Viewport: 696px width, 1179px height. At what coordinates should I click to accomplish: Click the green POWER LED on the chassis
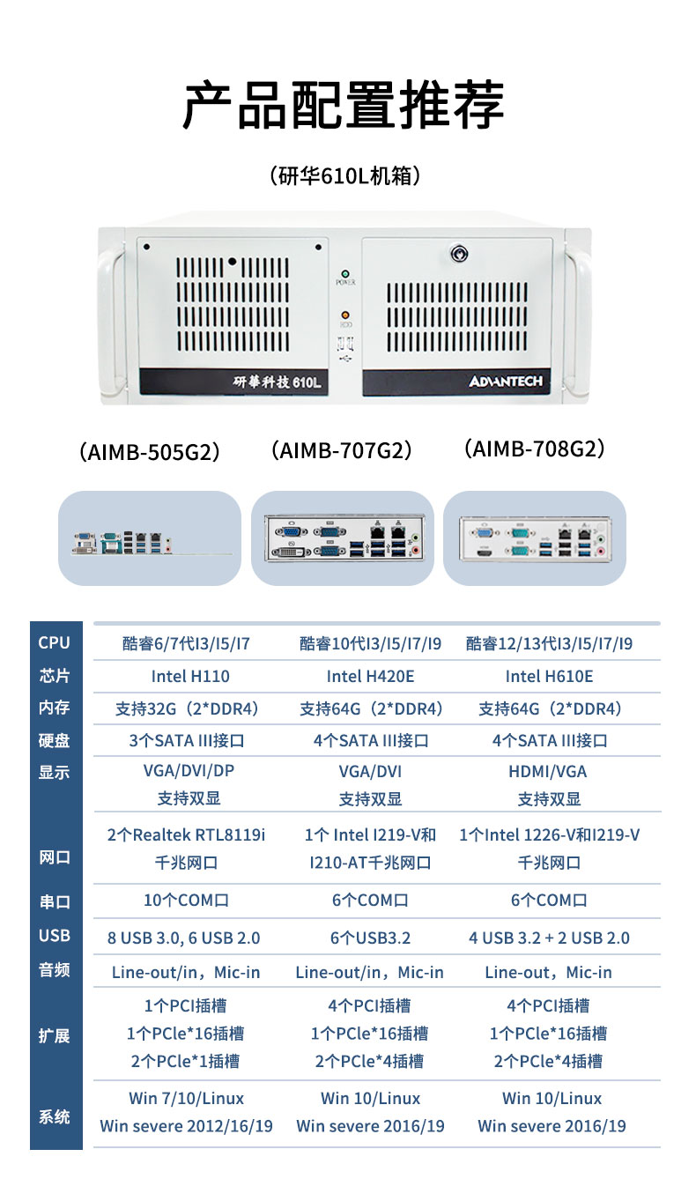coord(345,274)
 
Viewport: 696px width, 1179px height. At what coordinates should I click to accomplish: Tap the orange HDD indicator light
coord(345,315)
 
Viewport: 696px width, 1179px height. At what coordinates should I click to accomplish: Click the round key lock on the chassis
coord(459,255)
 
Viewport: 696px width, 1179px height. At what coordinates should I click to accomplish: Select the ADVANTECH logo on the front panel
coord(505,381)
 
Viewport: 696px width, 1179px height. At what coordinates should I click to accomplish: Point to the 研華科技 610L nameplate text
coord(277,382)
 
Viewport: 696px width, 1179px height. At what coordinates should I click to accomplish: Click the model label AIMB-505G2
coord(150,452)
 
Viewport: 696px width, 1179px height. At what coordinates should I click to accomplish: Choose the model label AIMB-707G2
coord(342,450)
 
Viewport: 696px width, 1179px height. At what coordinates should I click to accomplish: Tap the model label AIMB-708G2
coord(535,449)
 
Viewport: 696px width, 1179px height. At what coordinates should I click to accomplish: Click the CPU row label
coord(55,642)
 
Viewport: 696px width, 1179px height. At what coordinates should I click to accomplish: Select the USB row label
coord(55,935)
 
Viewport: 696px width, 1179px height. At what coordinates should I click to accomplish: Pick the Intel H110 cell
coord(190,676)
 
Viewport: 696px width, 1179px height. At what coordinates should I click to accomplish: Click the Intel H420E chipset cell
coord(370,676)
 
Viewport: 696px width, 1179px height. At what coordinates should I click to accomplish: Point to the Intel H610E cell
coord(549,676)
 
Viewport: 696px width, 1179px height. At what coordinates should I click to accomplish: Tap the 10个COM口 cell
coord(186,900)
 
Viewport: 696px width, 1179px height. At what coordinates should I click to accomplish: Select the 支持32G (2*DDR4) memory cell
coord(188,709)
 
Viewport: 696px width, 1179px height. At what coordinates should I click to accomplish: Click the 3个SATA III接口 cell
coord(187,740)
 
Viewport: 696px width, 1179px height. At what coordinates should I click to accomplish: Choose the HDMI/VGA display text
coord(548,772)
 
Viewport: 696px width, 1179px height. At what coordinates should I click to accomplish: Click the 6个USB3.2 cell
coord(370,938)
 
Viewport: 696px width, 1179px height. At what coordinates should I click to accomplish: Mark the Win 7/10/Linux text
coord(186,1099)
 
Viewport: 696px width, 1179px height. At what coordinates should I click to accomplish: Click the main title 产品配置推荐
coord(343,105)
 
